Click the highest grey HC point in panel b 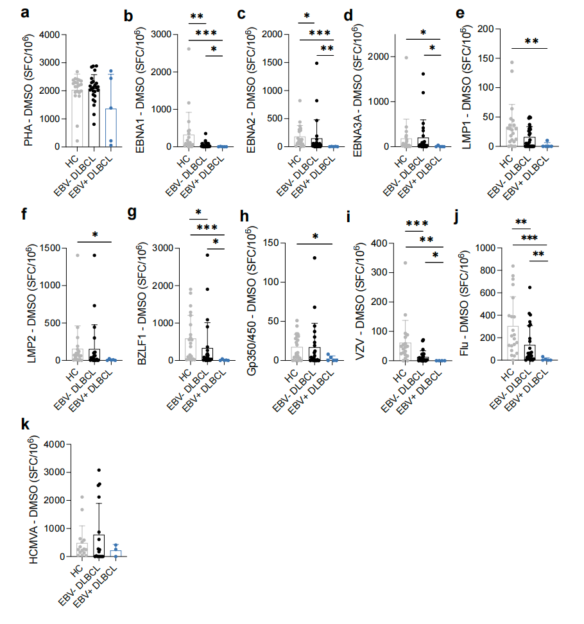(188, 49)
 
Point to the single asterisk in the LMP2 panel (95, 235)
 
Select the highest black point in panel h (316, 258)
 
